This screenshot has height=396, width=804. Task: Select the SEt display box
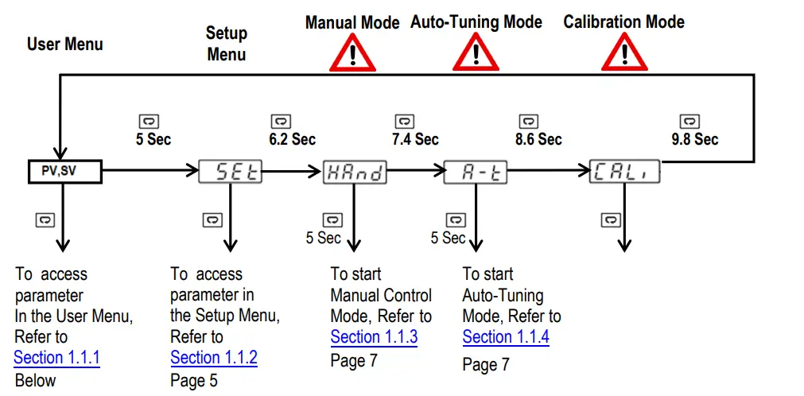(231, 171)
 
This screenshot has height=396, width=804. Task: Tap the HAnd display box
(355, 171)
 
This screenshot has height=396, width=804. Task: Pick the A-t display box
(476, 171)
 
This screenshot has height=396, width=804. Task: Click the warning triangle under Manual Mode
(352, 53)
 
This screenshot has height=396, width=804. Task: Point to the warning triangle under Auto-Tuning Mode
(476, 53)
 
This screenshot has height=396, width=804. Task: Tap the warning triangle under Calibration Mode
(623, 53)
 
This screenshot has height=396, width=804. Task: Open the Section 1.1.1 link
(56, 358)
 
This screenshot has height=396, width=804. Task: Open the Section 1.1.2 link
(213, 358)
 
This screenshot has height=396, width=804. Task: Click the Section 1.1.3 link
(374, 337)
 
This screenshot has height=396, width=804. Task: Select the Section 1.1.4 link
(506, 337)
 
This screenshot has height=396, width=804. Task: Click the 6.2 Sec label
(291, 139)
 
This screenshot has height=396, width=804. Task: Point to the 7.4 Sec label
(414, 139)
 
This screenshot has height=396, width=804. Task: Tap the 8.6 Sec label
(538, 139)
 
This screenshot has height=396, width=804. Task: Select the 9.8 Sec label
(694, 139)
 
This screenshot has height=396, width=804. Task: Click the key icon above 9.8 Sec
(689, 121)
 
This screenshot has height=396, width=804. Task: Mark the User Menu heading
(64, 44)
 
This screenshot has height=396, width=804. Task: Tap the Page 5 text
(193, 380)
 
